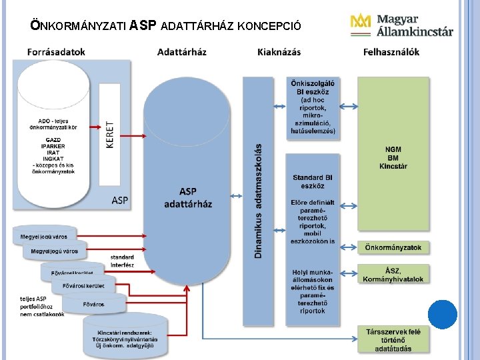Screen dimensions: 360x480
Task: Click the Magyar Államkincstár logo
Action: (401, 25)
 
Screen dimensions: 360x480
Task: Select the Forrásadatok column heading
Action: (57, 52)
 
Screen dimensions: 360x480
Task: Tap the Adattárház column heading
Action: (182, 52)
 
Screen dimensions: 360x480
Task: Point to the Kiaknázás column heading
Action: (279, 52)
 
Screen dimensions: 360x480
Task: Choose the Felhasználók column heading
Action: (391, 52)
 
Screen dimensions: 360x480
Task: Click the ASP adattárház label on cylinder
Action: (188, 198)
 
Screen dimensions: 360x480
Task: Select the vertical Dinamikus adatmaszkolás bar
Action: (258, 200)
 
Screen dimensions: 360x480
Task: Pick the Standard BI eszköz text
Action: (313, 181)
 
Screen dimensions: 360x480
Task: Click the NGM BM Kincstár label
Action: (393, 157)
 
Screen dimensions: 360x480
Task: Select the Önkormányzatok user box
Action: (393, 247)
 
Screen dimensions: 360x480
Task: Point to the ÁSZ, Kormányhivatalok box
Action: (393, 275)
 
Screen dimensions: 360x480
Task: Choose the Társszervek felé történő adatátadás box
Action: (393, 339)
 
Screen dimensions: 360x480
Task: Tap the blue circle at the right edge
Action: (443, 314)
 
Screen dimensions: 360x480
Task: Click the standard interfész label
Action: (122, 261)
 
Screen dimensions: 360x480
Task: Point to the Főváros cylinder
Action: (93, 304)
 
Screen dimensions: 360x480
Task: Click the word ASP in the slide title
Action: (143, 26)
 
